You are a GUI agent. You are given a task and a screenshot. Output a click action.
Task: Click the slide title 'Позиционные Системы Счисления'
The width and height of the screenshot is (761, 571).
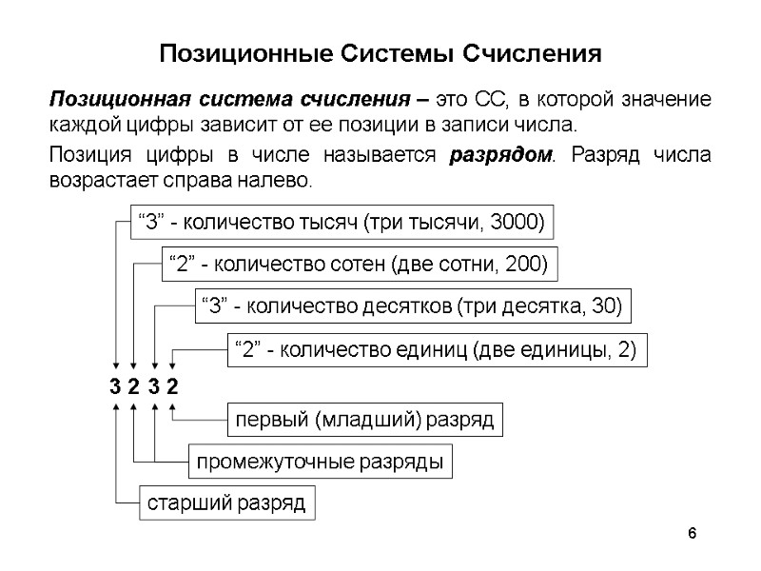click(380, 52)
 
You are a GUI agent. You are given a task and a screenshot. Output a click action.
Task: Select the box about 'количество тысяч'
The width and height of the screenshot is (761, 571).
click(341, 224)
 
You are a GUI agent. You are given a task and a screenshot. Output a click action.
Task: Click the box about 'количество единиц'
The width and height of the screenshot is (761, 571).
click(436, 350)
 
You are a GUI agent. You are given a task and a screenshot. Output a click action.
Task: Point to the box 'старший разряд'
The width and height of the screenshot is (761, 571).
click(226, 502)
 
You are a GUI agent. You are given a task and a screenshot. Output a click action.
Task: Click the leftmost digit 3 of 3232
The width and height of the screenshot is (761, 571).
click(115, 387)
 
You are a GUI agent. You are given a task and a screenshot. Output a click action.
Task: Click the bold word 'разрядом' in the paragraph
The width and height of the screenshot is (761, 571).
click(499, 156)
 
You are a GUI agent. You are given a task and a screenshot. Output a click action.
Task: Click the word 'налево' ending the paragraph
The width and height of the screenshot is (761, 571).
click(283, 179)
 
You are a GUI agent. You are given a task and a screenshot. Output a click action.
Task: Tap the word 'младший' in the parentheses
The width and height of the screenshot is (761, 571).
click(361, 420)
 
